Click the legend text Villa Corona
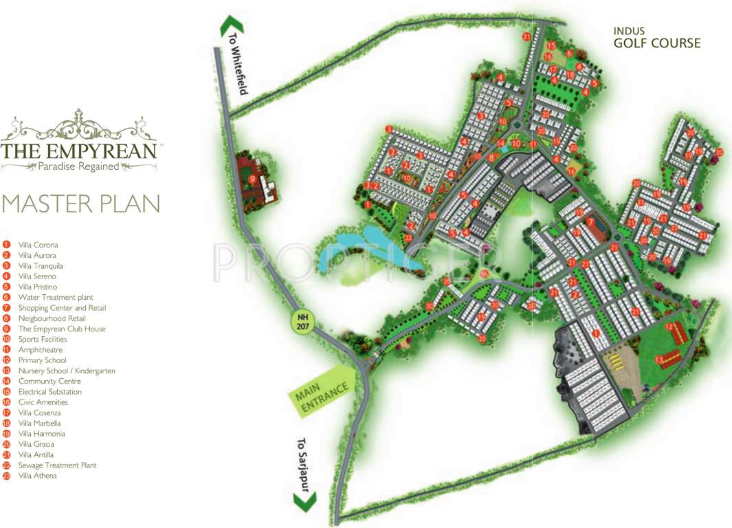[38, 245]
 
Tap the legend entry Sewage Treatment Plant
[57, 465]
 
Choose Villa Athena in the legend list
[38, 476]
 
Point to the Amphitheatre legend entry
[40, 350]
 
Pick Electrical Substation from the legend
[49, 392]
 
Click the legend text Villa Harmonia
[42, 434]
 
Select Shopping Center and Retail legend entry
[62, 308]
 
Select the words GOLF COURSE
[657, 43]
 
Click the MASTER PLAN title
[81, 203]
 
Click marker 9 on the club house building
[253, 179]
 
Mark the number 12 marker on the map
[668, 327]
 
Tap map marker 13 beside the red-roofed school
[658, 359]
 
